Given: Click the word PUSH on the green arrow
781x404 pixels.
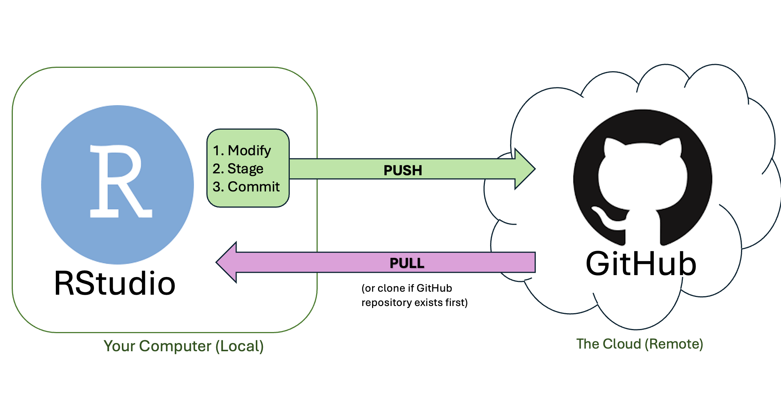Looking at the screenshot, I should tap(403, 170).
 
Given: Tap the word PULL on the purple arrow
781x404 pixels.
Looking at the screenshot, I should tap(407, 263).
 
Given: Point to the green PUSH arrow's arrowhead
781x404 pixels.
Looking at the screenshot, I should tap(524, 169).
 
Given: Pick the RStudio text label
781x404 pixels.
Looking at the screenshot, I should tap(115, 283).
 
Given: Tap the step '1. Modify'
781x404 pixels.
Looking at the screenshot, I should tap(242, 151).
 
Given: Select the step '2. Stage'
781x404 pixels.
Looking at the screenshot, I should tap(238, 168).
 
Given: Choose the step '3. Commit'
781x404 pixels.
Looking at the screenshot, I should tap(246, 187).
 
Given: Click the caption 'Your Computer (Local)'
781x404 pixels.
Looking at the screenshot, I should tap(183, 346).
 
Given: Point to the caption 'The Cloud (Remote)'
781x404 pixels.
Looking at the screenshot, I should tap(640, 344).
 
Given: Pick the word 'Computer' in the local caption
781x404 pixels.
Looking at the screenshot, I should tap(175, 346).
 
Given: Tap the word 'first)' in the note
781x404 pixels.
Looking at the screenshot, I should tap(457, 303).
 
